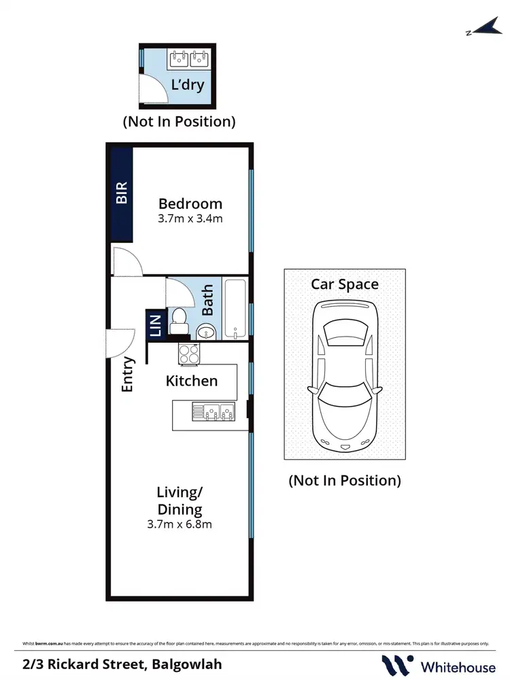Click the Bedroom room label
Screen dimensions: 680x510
190,203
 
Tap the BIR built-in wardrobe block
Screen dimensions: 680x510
122,193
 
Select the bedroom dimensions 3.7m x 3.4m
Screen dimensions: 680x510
190,219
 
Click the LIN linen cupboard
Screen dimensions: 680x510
155,325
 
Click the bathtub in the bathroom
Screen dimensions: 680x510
236,309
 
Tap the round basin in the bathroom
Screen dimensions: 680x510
207,332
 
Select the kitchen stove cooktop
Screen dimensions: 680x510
188,353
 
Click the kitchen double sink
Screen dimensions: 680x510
213,412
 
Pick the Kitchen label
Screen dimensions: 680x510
192,381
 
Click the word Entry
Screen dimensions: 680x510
128,375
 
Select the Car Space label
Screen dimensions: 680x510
345,284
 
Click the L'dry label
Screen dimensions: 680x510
187,86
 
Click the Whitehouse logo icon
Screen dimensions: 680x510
397,664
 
